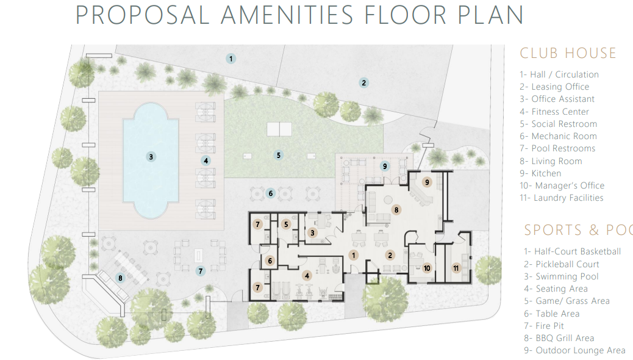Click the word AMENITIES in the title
pos(287,15)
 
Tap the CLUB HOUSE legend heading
pos(568,53)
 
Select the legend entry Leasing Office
pos(554,87)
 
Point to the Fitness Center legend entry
pos(554,112)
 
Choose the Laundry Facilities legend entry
pos(562,198)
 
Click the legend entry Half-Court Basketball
pos(573,252)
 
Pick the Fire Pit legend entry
pos(544,326)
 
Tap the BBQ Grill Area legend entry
pos(559,338)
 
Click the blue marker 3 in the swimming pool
pos(151,157)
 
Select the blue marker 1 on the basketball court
pos(231,59)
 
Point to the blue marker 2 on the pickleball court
pos(363,83)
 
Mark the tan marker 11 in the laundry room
pos(456,268)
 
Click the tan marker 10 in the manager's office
pos(427,268)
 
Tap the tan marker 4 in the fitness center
pos(307,276)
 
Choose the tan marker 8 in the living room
pos(396,210)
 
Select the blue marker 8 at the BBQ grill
pos(120,278)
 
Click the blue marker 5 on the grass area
pos(278,155)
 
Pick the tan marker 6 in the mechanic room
pos(270,261)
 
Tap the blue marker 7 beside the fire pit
pos(201,271)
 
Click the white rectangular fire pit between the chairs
pos(198,256)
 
